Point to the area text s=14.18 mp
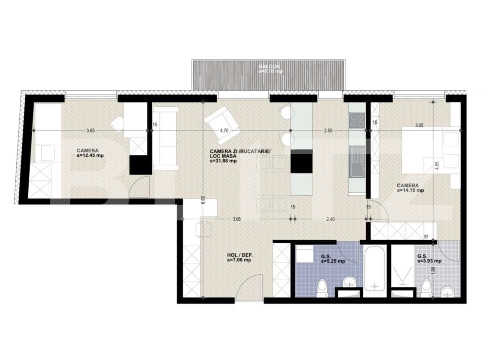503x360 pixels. [x=410, y=190]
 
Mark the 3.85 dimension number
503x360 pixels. [x=90, y=131]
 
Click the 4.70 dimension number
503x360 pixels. [x=227, y=131]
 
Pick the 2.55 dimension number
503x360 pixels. [x=328, y=131]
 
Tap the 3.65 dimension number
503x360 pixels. [x=238, y=219]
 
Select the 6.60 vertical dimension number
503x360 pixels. [x=202, y=198]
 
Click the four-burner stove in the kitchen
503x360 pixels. [x=357, y=120]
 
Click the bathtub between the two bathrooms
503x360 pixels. [x=374, y=270]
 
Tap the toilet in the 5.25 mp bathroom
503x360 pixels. [x=322, y=288]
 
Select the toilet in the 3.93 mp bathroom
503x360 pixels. [x=426, y=288]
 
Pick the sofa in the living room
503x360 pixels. [x=165, y=139]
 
